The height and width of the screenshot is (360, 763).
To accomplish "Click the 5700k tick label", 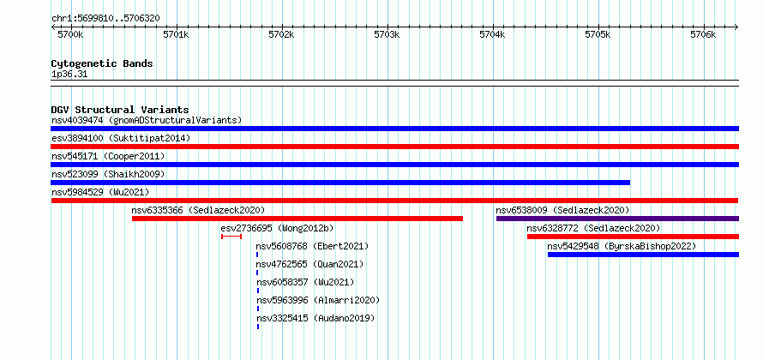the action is (70, 35).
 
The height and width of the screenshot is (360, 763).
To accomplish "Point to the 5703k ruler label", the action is (387, 35).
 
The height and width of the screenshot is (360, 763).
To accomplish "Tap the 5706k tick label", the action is (703, 35).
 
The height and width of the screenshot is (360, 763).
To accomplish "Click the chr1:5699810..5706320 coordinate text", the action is (105, 19).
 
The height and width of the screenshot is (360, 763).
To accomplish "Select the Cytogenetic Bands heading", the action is (102, 63).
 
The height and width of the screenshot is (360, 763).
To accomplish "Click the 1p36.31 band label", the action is (69, 75).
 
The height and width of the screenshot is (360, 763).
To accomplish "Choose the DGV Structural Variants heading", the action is (120, 110).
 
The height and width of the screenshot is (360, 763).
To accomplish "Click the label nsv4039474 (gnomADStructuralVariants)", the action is (147, 120).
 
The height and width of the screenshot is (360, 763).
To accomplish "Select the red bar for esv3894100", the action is (394, 147).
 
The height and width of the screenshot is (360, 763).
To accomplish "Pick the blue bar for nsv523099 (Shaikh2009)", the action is (340, 183).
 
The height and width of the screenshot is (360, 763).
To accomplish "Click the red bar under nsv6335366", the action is (297, 219).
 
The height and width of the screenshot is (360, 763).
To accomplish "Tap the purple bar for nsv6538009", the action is (617, 219).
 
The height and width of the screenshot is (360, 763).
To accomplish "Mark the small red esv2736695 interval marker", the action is (231, 237).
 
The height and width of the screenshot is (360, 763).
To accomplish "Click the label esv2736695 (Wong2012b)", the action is (277, 228).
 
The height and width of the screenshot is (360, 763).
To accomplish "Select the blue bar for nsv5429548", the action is (643, 255).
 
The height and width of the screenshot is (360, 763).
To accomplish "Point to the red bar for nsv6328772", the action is (633, 237).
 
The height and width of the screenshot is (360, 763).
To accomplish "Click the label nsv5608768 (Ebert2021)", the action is (312, 246).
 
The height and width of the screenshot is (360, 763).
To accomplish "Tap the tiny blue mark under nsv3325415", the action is (258, 327).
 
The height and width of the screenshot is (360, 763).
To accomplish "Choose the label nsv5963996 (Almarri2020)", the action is (318, 300).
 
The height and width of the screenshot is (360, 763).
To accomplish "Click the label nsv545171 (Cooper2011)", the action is (108, 156).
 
